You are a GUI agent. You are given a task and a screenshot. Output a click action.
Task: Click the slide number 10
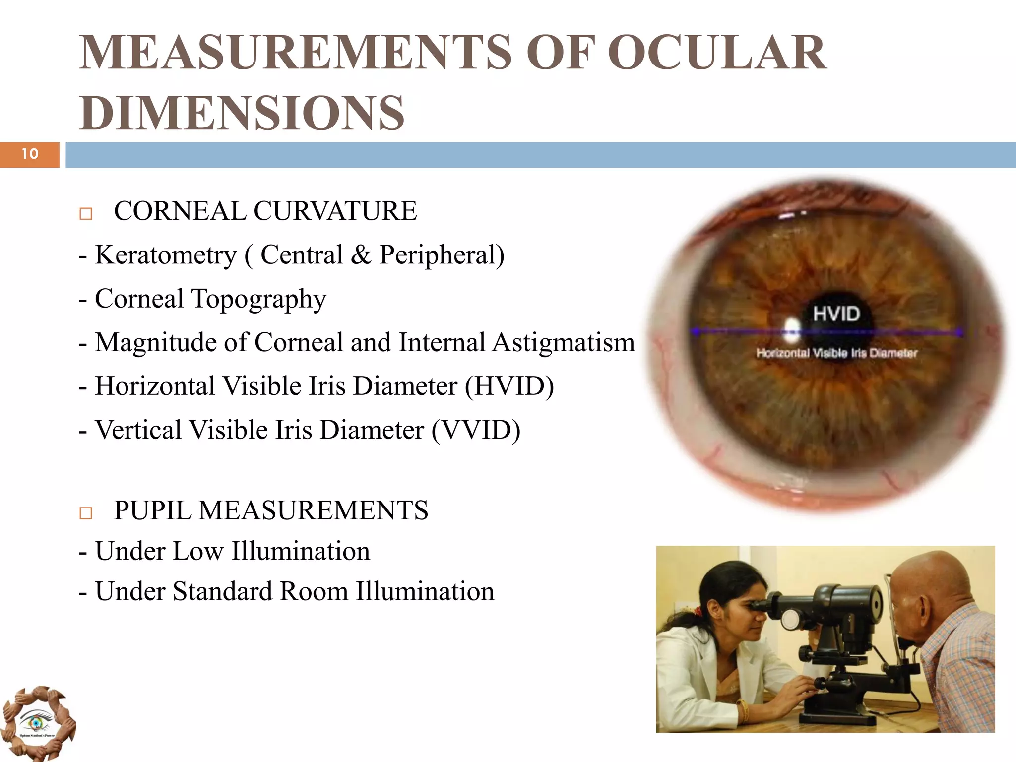point(30,154)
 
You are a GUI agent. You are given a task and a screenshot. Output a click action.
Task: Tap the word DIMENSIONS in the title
point(242,113)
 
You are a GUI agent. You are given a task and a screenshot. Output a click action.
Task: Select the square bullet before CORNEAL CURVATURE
point(86,214)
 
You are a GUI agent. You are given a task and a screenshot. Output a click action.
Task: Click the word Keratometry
point(166,255)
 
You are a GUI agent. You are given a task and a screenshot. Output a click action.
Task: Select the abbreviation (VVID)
point(476,430)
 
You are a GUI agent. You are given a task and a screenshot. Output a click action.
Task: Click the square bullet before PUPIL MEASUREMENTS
point(86,513)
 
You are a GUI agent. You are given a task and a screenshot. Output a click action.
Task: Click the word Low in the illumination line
point(197,551)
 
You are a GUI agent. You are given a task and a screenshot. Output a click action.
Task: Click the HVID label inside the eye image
point(836,314)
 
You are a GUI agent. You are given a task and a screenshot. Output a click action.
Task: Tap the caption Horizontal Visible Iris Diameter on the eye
point(836,353)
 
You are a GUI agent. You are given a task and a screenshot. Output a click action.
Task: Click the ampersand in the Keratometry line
point(361,255)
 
